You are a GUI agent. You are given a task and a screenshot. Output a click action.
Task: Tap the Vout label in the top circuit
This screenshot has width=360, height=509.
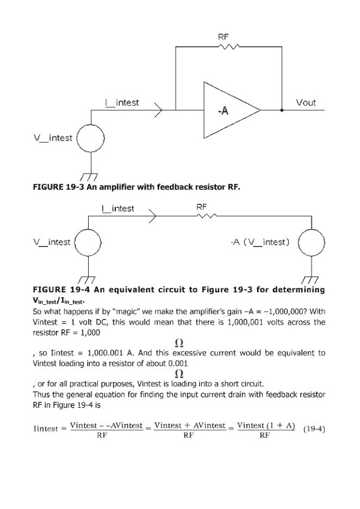tap(306, 103)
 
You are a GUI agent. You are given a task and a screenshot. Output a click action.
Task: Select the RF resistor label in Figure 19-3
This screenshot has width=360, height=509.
tap(223, 37)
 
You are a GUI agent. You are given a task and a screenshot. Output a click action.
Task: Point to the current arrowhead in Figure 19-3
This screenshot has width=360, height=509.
tap(158, 110)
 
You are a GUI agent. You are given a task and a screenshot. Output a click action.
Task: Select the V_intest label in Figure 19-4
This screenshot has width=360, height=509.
tap(51, 242)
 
